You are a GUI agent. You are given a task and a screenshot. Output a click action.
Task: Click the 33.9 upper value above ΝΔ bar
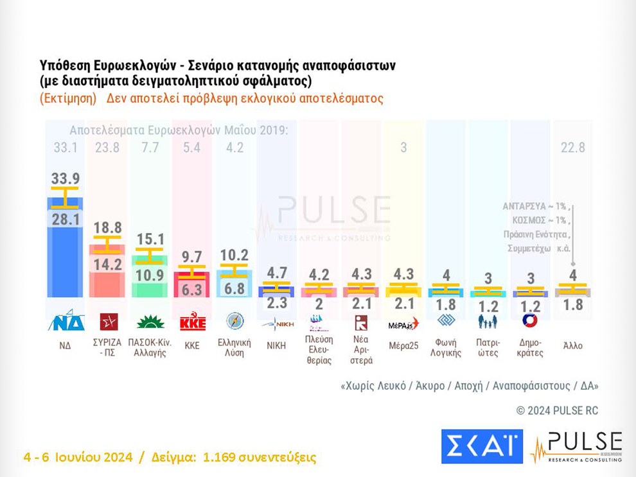tap(65, 178)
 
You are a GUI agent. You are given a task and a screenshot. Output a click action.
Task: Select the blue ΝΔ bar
tap(65, 257)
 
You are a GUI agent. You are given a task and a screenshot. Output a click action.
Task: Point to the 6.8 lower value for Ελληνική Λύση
tap(234, 288)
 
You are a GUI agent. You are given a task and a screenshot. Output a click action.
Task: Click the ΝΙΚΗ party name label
tap(276, 345)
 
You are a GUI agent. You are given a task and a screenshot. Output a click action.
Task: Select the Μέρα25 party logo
tap(403, 324)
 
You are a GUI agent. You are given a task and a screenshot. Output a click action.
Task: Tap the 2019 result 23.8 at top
tap(107, 148)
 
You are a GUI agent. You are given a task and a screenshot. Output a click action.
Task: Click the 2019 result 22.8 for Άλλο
tap(572, 148)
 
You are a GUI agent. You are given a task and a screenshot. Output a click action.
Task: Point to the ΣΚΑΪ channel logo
tap(482, 446)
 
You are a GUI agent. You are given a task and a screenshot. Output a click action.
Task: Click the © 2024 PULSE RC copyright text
tap(557, 410)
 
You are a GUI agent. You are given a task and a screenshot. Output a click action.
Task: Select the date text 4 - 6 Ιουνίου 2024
tap(78, 458)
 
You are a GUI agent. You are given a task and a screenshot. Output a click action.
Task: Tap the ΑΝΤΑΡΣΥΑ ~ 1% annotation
tap(534, 207)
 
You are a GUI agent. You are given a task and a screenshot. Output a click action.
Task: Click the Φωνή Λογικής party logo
tap(446, 320)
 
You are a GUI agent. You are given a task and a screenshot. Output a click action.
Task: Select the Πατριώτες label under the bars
tap(488, 347)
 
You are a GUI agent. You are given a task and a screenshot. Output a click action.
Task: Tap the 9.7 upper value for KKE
tap(191, 257)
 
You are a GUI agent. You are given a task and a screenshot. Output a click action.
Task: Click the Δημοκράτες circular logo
tap(530, 320)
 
